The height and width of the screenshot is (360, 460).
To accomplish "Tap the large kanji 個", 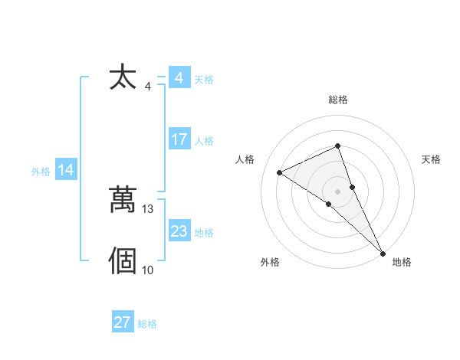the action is pos(123,260).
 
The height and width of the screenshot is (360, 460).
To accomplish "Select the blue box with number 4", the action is pos(179,78).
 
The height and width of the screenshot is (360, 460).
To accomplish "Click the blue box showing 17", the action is pos(179,139).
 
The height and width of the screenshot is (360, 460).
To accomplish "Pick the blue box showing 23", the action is pos(179,231).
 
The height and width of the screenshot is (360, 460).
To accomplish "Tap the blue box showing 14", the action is pos(66,170).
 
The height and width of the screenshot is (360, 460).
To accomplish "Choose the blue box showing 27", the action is pos(123,322).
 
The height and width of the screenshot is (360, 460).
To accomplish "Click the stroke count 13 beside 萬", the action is pos(148,208).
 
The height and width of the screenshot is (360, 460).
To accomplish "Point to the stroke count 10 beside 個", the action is pos(148,270).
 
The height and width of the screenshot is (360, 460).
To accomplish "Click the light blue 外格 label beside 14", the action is pos(41,172).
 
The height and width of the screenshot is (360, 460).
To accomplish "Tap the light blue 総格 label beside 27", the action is pos(147,324).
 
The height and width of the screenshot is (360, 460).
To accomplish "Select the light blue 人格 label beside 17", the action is pos(204,141).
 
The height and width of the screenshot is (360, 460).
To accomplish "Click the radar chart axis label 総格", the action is pos(337,100).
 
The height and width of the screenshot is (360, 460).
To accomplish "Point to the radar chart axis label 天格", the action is pos(431,159).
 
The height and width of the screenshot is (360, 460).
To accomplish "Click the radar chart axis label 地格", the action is pos(402,262).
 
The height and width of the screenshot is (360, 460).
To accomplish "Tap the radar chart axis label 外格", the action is pos(270,262).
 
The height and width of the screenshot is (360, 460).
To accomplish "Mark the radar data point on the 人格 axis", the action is pos(280,172).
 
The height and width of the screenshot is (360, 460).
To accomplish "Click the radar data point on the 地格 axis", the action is pos(383,253).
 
